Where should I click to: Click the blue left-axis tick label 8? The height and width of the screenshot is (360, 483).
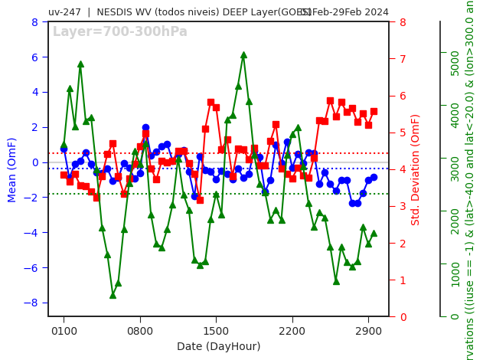tap(34, 22)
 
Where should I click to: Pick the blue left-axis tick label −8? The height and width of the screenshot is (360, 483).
tap(32, 303)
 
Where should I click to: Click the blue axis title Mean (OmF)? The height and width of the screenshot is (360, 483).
tap(12, 169)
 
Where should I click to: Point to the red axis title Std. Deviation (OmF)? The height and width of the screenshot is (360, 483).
tap(416, 169)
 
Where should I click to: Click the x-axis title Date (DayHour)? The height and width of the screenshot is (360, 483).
tap(218, 346)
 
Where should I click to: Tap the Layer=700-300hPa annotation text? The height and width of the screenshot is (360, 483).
tap(119, 32)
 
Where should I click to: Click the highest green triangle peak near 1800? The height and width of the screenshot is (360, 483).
tap(243, 55)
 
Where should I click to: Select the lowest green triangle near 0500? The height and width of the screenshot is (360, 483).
tap(113, 295)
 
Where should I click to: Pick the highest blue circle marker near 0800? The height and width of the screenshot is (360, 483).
tap(145, 128)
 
